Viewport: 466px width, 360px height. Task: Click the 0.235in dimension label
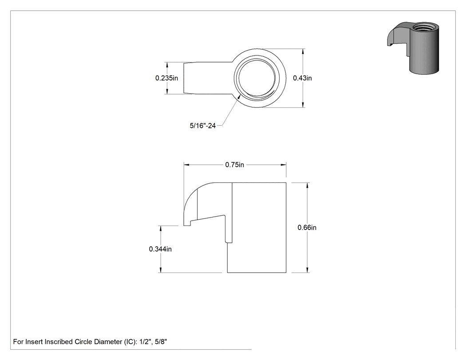(x=166, y=78)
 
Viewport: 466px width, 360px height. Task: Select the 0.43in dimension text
(x=302, y=78)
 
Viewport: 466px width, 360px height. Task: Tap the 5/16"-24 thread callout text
(x=203, y=126)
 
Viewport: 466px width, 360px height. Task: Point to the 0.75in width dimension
(x=234, y=165)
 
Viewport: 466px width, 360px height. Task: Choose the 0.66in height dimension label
(x=307, y=228)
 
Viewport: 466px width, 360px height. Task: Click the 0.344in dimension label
(x=160, y=249)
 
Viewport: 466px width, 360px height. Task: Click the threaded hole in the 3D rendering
(x=426, y=27)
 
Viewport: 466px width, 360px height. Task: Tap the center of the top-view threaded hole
(x=257, y=78)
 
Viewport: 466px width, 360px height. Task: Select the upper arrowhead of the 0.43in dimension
(x=303, y=51)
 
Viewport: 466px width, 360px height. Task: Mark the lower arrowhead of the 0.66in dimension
(x=307, y=269)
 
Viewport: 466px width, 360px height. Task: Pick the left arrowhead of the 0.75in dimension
(x=187, y=164)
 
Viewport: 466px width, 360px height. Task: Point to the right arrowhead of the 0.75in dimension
(x=283, y=164)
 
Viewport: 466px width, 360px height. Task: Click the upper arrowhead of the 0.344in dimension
(x=161, y=229)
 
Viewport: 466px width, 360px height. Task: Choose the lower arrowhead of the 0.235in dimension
(x=167, y=91)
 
